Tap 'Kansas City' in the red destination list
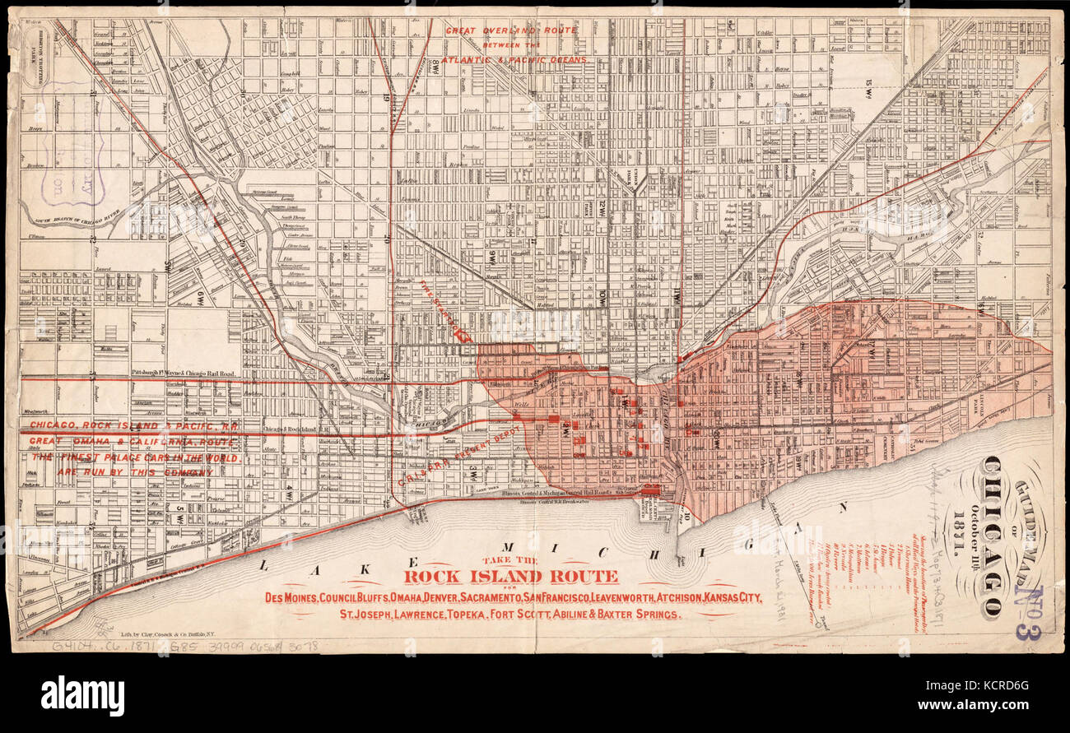731,596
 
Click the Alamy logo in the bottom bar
82,696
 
